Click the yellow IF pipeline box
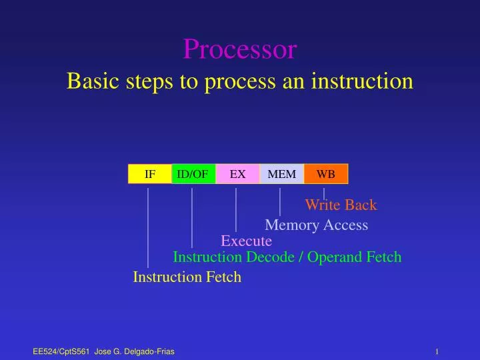[x=150, y=174]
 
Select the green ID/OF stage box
[x=193, y=174]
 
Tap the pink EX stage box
[x=237, y=174]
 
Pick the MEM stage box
[x=281, y=174]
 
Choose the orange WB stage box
[x=326, y=174]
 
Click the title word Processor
[x=240, y=49]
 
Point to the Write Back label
[x=341, y=205]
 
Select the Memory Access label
[x=316, y=225]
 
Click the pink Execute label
[x=246, y=241]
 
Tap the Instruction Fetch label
[x=187, y=277]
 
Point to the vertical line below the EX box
[x=236, y=208]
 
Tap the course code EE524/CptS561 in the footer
[x=61, y=351]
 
